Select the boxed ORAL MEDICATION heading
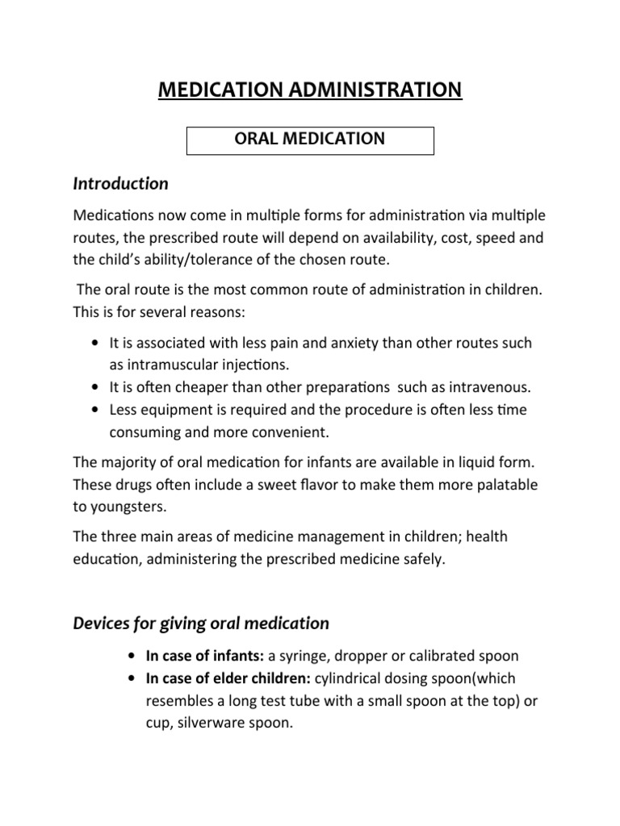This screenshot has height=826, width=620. [311, 140]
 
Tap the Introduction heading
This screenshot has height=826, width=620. [121, 184]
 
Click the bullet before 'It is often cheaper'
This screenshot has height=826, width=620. [97, 387]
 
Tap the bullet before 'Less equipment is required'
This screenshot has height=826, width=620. [97, 410]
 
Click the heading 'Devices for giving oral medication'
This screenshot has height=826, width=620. [201, 623]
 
